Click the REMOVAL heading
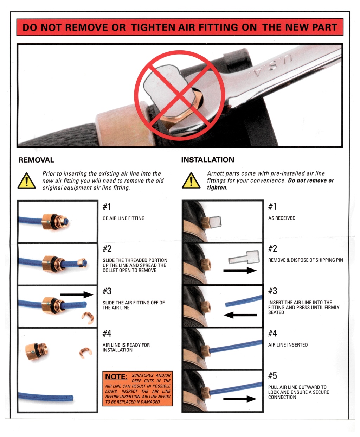[x=36, y=160]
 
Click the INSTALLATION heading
[x=207, y=160]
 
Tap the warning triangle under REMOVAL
[x=27, y=180]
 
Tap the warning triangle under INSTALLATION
[x=191, y=180]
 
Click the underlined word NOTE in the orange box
[x=116, y=376]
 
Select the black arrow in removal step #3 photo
[x=77, y=295]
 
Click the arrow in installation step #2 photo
[x=240, y=271]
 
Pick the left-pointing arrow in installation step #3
[x=240, y=315]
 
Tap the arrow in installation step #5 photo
[x=240, y=399]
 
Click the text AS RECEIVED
[x=282, y=218]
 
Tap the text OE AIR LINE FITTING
[x=123, y=218]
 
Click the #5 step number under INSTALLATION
[x=272, y=376]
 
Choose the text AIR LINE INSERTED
[x=288, y=345]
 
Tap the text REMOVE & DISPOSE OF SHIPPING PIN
[x=306, y=260]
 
